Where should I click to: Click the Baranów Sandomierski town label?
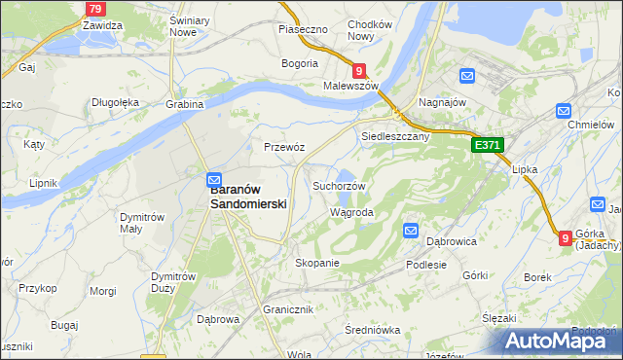click(x=248, y=198)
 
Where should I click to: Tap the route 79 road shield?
click(x=94, y=9)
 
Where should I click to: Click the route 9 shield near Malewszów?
click(x=359, y=70)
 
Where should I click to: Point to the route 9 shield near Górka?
click(x=566, y=236)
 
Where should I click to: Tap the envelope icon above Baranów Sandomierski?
click(x=213, y=179)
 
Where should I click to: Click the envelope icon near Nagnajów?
click(x=467, y=76)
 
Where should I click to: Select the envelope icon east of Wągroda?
click(x=410, y=231)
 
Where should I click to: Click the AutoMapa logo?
click(x=559, y=341)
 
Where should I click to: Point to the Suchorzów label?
click(x=339, y=186)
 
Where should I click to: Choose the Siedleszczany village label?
click(x=395, y=137)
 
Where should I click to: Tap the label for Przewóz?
click(x=285, y=147)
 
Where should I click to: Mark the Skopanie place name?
click(x=316, y=263)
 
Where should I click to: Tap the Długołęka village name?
click(x=117, y=101)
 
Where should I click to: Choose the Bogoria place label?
click(x=300, y=63)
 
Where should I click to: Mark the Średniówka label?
click(x=373, y=330)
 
